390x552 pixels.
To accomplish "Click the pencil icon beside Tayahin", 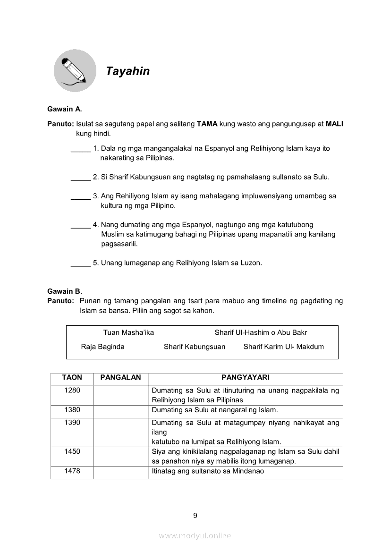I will (75, 71).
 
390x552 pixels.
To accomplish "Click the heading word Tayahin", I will (127, 71).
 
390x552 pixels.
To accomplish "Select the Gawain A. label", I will (65, 109).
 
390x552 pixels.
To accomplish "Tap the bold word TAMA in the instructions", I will (207, 124).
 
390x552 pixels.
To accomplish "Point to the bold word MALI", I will (334, 124).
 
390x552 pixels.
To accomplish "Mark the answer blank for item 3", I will (81, 196).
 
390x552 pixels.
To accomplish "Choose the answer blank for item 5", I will (81, 263).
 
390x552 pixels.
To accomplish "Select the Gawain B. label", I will (65, 291).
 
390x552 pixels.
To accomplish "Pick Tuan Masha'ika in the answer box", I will (128, 332).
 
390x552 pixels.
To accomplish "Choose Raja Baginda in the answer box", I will (102, 347).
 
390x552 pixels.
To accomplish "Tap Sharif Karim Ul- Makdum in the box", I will (284, 347).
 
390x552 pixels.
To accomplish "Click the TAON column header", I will (72, 377).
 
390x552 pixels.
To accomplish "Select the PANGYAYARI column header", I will (245, 377).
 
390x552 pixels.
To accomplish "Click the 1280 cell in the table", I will (72, 391).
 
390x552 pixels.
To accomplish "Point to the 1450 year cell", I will (72, 451).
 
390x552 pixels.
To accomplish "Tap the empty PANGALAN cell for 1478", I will (120, 472).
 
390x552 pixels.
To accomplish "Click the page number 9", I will (195, 516).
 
